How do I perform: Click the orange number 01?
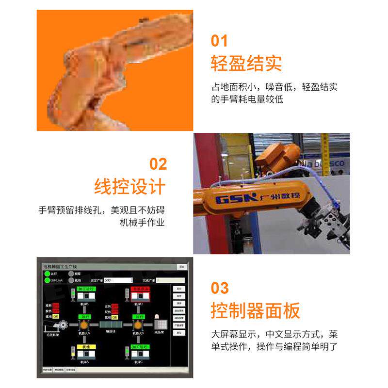[219, 40]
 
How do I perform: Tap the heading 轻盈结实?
[246, 64]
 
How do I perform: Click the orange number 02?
[158, 164]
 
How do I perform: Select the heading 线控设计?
[129, 187]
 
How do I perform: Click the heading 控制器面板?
[255, 310]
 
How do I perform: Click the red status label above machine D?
[139, 288]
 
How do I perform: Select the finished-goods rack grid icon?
[160, 324]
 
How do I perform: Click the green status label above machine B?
[85, 288]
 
